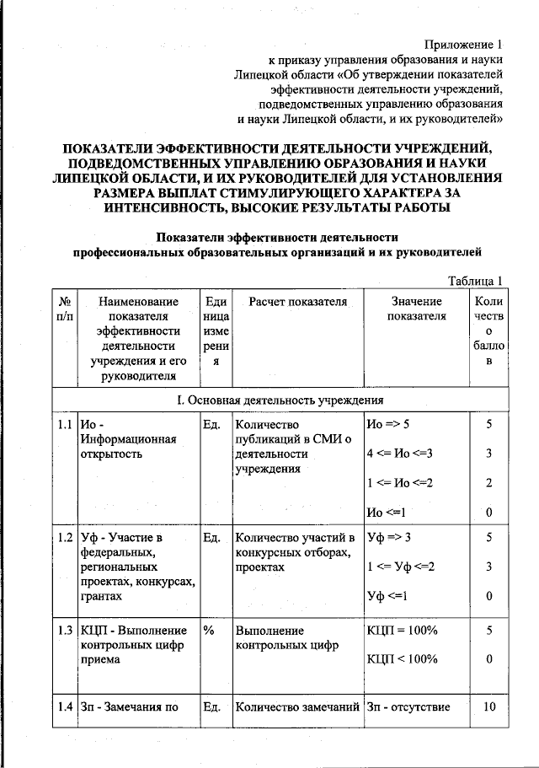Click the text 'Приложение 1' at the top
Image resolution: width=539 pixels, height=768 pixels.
(463, 45)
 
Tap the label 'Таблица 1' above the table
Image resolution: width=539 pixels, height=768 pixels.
(475, 281)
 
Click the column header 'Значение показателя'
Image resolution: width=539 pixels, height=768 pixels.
(415, 309)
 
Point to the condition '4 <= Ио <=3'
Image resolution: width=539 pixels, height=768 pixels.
(400, 454)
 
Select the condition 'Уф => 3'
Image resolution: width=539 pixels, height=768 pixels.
(389, 537)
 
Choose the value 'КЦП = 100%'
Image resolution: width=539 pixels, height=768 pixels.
(402, 630)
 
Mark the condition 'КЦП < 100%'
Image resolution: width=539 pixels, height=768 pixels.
(402, 660)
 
